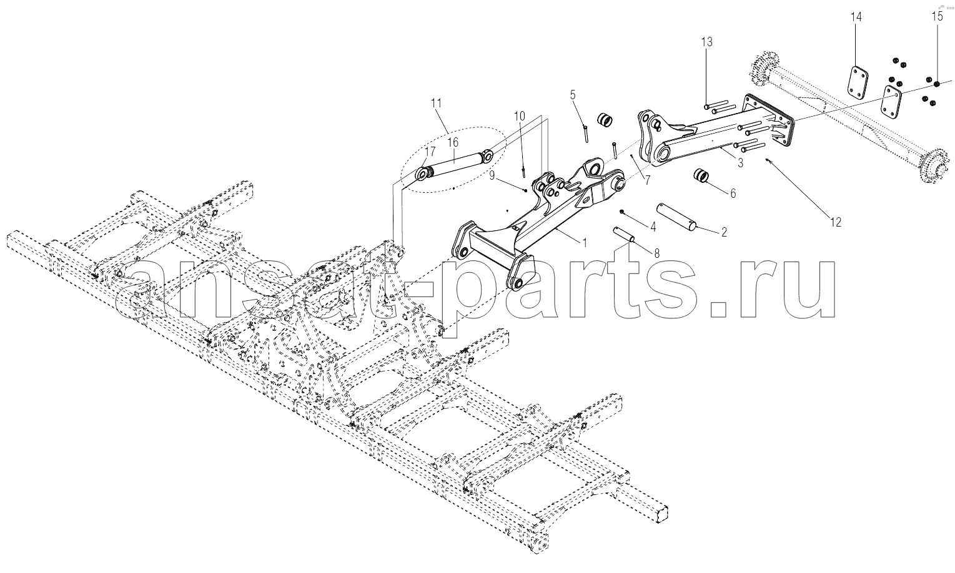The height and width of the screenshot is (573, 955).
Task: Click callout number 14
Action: [856, 17]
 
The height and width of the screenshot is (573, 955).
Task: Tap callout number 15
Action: [937, 17]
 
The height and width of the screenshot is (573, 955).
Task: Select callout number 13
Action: [706, 42]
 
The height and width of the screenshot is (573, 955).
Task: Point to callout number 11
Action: [436, 104]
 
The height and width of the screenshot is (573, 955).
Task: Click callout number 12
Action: [836, 222]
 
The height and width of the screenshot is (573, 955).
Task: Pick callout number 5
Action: [573, 95]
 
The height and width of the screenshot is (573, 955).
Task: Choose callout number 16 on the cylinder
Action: [453, 142]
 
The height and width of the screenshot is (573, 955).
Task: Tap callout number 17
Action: [430, 151]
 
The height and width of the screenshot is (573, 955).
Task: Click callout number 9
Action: [492, 175]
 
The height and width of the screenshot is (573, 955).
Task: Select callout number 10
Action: [519, 116]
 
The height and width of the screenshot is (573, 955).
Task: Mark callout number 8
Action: [656, 253]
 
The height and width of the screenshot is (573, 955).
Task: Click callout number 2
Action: [724, 232]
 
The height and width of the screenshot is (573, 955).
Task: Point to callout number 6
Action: [733, 193]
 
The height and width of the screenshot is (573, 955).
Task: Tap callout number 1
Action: [585, 243]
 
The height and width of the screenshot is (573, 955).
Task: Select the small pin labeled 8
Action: [624, 235]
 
